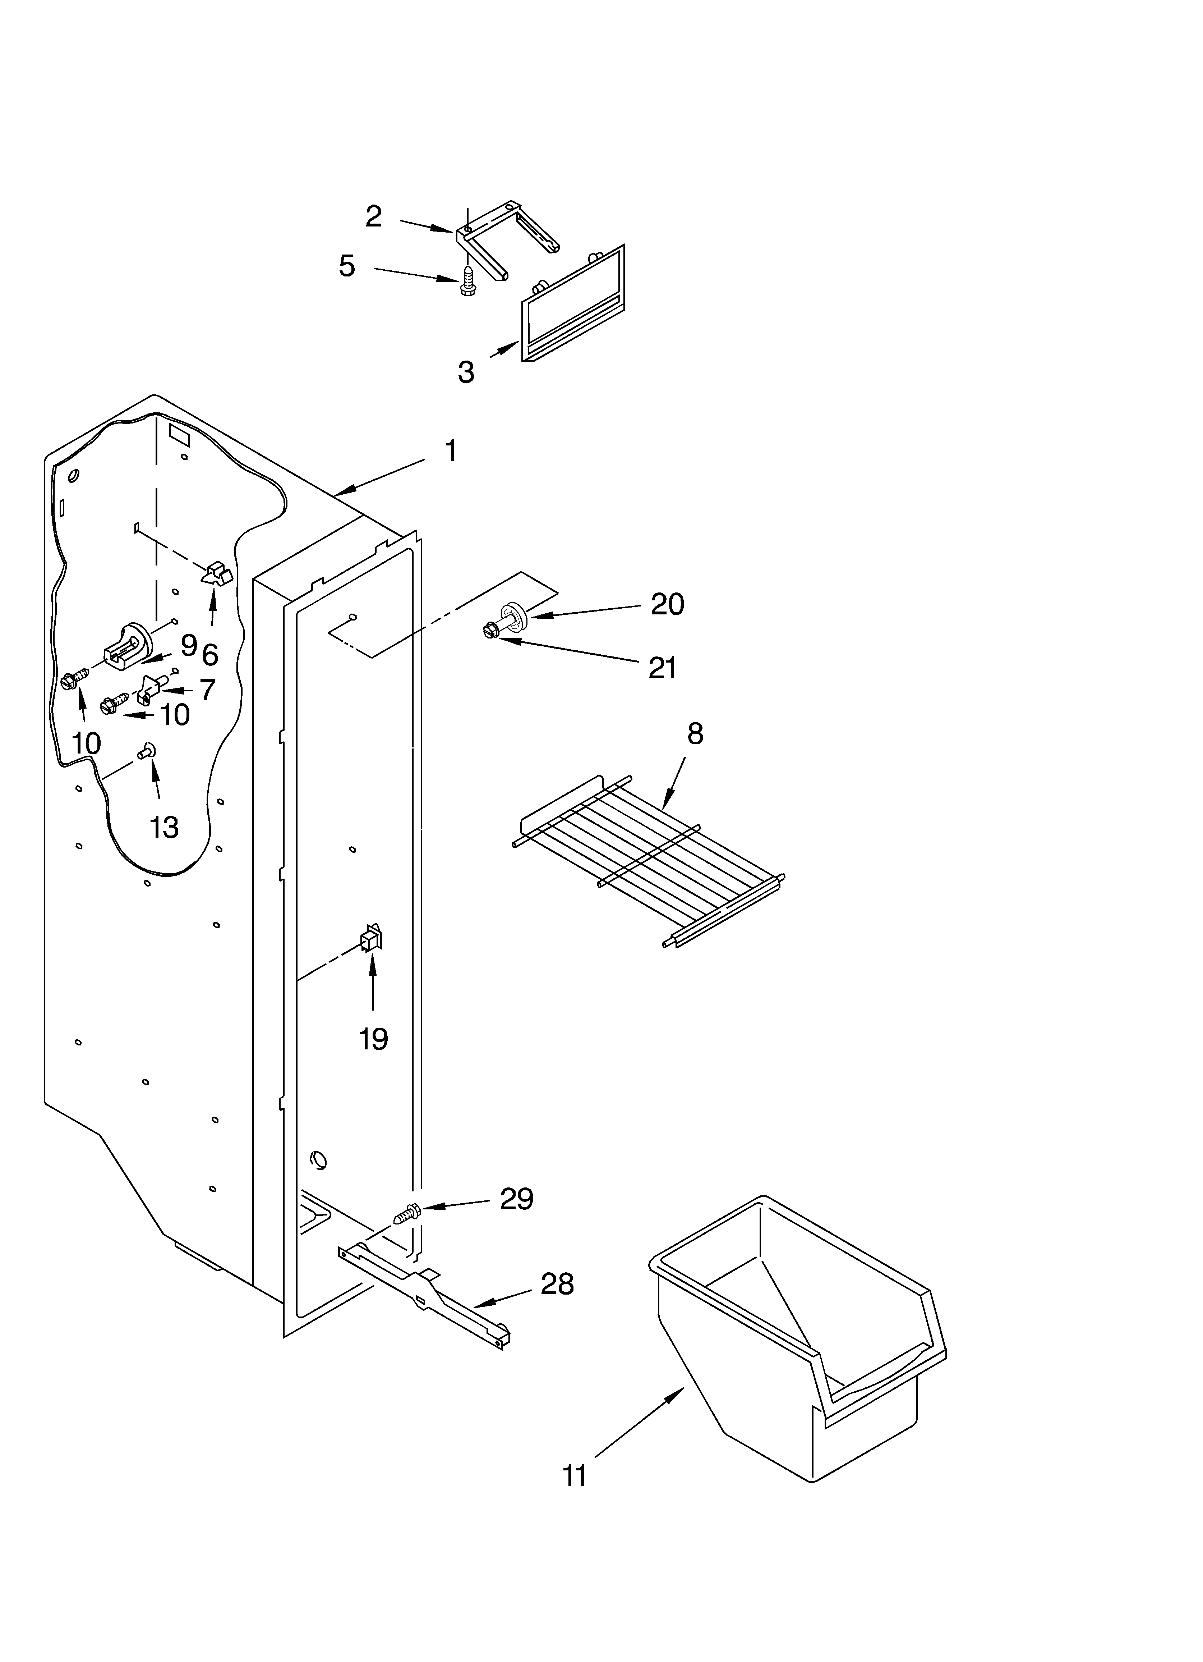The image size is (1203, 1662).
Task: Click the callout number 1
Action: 451,451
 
